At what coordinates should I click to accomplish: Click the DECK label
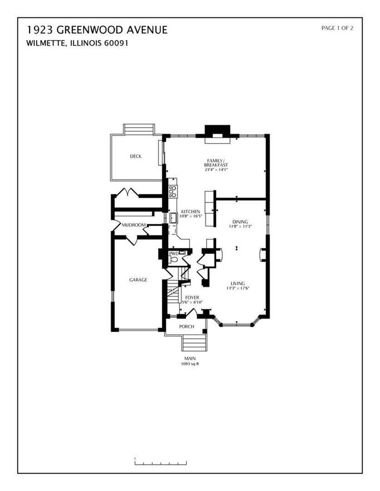click(x=136, y=156)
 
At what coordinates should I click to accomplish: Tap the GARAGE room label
click(x=138, y=280)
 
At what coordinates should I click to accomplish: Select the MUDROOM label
click(x=134, y=225)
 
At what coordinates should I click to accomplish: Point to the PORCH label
click(x=187, y=327)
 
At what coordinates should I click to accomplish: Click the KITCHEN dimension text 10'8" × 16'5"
click(x=191, y=216)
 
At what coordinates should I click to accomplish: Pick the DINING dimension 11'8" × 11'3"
click(x=241, y=226)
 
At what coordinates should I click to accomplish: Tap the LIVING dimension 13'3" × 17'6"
click(x=238, y=288)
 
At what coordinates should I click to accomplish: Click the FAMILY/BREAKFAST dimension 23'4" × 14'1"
click(x=216, y=169)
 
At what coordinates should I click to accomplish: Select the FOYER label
click(x=192, y=297)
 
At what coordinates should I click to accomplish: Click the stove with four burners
click(x=173, y=192)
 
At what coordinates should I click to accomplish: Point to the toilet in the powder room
click(x=173, y=259)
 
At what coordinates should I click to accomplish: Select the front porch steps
click(x=194, y=342)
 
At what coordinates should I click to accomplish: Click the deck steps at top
click(x=139, y=129)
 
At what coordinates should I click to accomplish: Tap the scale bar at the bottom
click(x=160, y=462)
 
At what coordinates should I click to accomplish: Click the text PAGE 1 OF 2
click(x=337, y=28)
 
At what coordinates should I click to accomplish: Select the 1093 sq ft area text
click(x=190, y=364)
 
